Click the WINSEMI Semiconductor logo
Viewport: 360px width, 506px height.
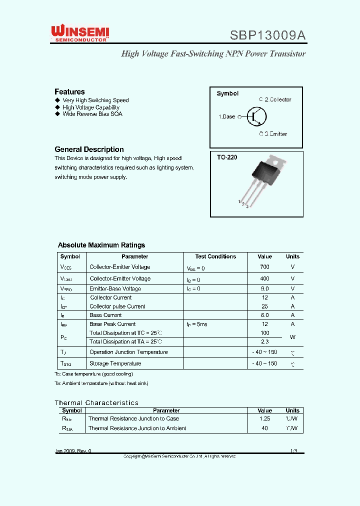tap(80, 34)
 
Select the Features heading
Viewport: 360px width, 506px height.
tap(69, 91)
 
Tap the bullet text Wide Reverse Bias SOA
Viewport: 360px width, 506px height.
tap(92, 114)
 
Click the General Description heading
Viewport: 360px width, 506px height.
tap(89, 149)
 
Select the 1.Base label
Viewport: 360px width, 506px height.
tap(226, 116)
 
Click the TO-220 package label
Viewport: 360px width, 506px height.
tap(227, 157)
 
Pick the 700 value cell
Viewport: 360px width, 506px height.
tap(264, 267)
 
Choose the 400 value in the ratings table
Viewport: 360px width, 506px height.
tap(264, 278)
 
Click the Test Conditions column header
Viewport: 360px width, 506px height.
tap(215, 256)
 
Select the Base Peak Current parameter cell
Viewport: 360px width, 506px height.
tap(112, 324)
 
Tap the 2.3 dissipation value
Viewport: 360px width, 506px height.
tap(264, 341)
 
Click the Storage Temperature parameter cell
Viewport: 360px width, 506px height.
tap(115, 363)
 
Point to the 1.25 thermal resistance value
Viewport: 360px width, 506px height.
tap(264, 418)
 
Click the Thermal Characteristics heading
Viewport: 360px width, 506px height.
tap(96, 402)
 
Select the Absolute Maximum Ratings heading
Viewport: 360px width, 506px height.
tap(101, 245)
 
